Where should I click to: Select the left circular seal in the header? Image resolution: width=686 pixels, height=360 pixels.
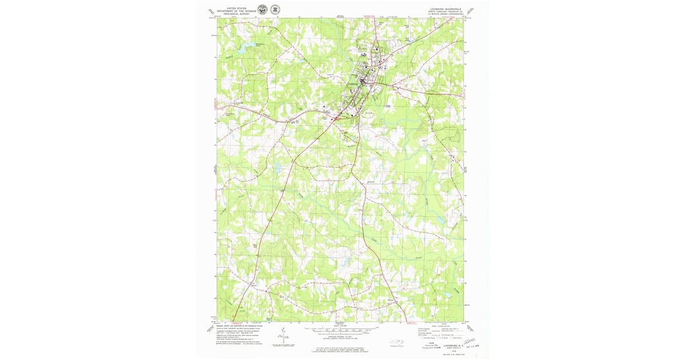click(x=262, y=10)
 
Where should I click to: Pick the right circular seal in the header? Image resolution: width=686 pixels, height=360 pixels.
click(x=275, y=10)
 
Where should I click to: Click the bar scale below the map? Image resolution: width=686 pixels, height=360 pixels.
click(x=342, y=330)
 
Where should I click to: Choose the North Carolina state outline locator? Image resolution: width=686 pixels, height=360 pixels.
click(x=396, y=343)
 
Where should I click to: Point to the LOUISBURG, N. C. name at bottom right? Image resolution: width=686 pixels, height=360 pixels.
click(x=454, y=345)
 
